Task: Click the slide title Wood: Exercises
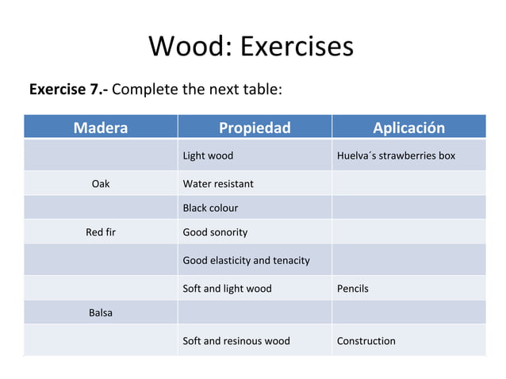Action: pyautogui.click(x=251, y=46)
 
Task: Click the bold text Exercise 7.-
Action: pyautogui.click(x=68, y=89)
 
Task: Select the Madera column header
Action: pyautogui.click(x=100, y=128)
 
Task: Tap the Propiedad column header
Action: pyautogui.click(x=255, y=128)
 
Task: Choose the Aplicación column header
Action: pyautogui.click(x=408, y=128)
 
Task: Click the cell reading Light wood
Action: pyautogui.click(x=208, y=155)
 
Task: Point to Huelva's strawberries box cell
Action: pyautogui.click(x=396, y=155)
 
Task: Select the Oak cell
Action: pyautogui.click(x=100, y=184)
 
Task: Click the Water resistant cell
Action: pyautogui.click(x=218, y=184)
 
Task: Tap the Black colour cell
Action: pyautogui.click(x=210, y=208)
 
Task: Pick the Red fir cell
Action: pyautogui.click(x=100, y=232)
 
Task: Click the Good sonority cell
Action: pyautogui.click(x=215, y=232)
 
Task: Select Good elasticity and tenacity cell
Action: pyautogui.click(x=246, y=260)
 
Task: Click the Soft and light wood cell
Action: pyautogui.click(x=227, y=289)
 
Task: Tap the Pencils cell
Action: pyautogui.click(x=352, y=289)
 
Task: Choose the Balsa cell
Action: pyautogui.click(x=100, y=312)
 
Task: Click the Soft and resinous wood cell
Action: pyautogui.click(x=236, y=341)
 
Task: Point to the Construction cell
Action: pyautogui.click(x=366, y=341)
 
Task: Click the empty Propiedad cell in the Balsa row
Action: pyautogui.click(x=255, y=312)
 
